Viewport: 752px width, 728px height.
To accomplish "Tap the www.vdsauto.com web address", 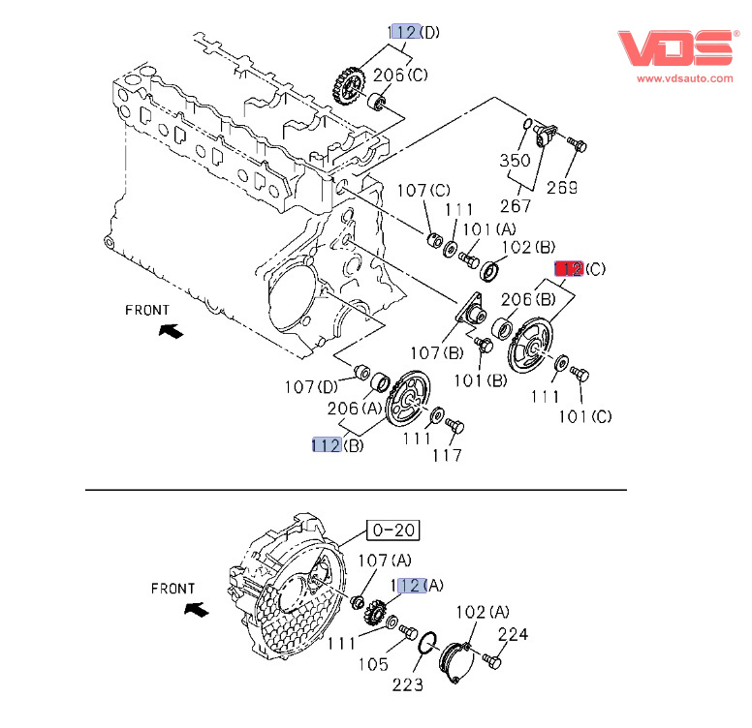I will pyautogui.click(x=685, y=77).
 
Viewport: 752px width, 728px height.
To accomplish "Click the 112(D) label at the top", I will pyautogui.click(x=414, y=32).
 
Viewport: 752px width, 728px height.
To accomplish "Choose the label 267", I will pyautogui.click(x=516, y=205).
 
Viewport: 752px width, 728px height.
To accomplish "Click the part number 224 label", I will pyautogui.click(x=514, y=635).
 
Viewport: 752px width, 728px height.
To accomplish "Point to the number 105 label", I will pyautogui.click(x=373, y=664).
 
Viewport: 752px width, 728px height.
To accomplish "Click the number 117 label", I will pyautogui.click(x=447, y=455).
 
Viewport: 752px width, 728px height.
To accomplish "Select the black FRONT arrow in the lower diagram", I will pyautogui.click(x=197, y=610).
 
